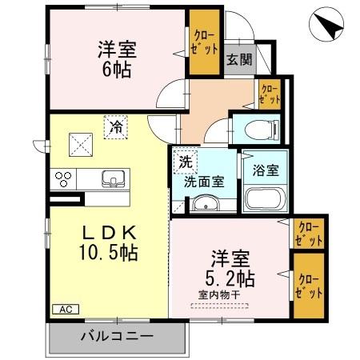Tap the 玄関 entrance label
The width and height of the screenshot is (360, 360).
pyautogui.click(x=236, y=60)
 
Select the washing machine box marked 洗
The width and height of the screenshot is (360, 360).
pyautogui.click(x=186, y=160)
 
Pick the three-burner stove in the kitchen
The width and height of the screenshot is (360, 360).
pyautogui.click(x=63, y=178)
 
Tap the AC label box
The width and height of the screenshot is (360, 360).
pyautogui.click(x=63, y=309)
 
